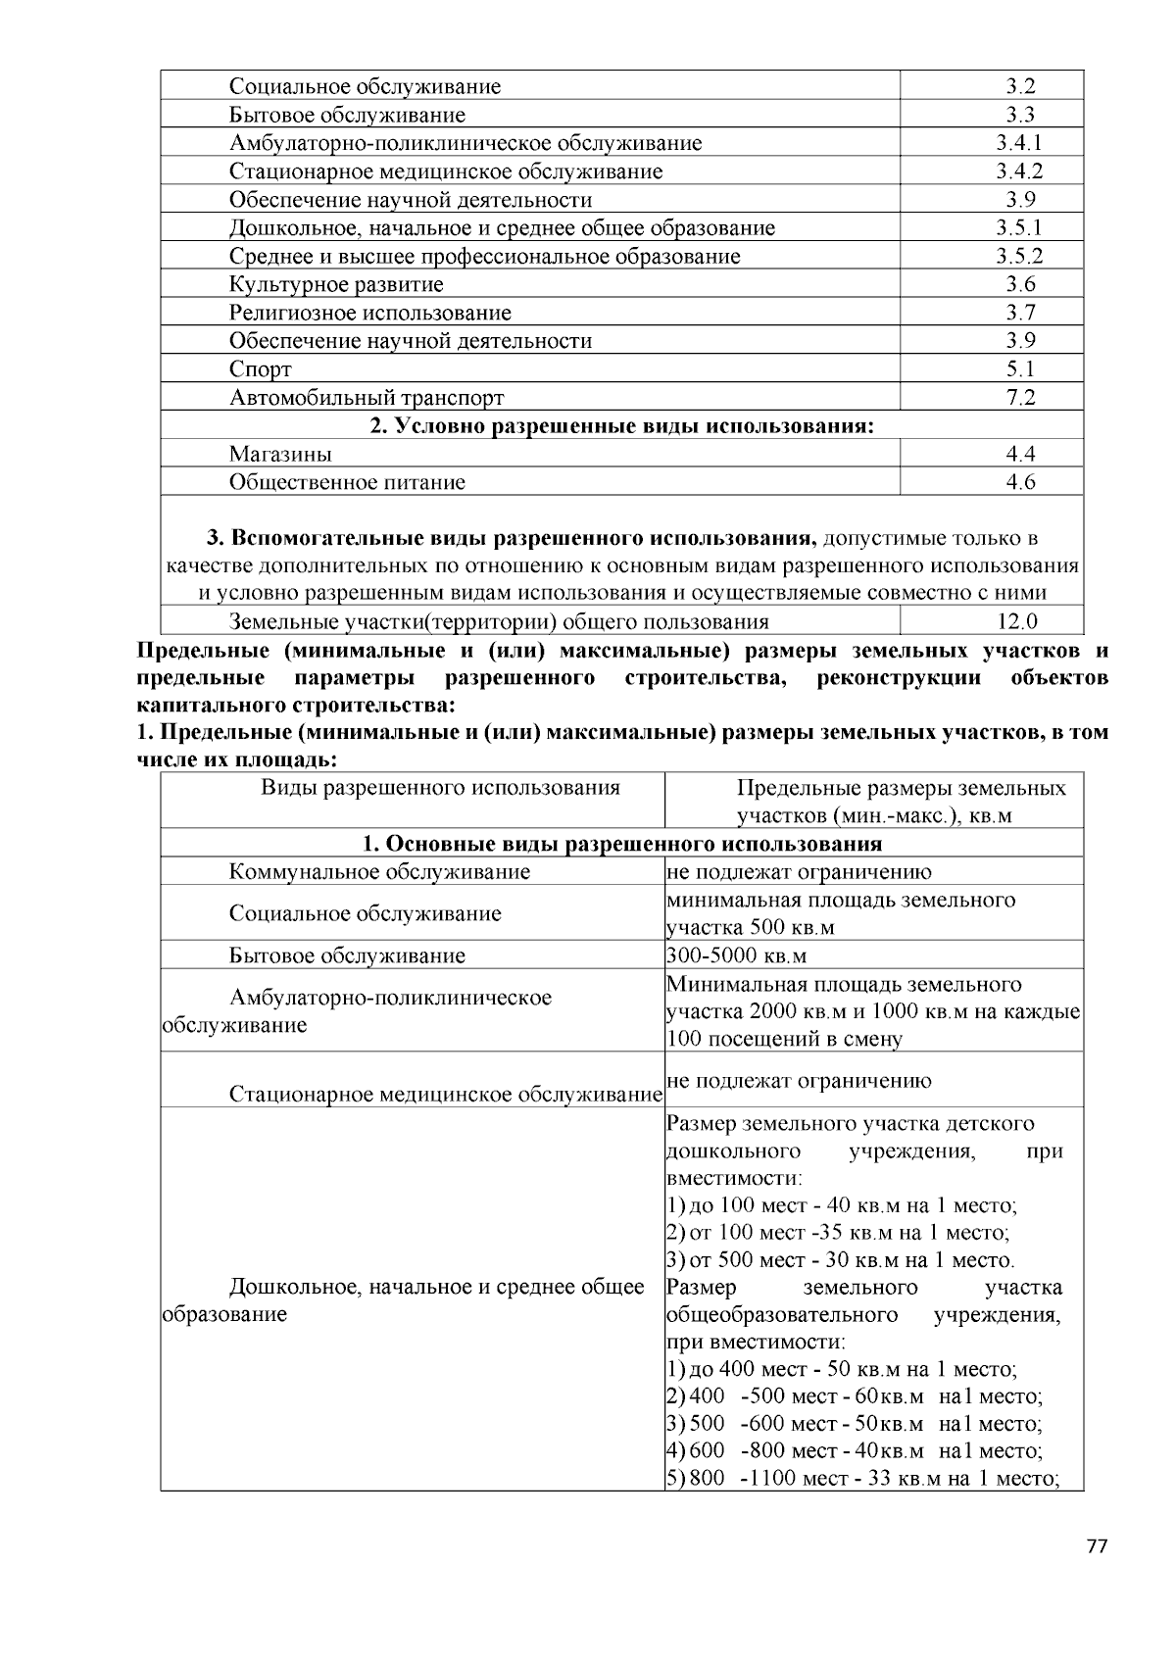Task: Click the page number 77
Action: click(x=1097, y=1547)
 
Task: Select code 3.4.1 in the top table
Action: click(x=1019, y=143)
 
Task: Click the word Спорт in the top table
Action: click(x=260, y=369)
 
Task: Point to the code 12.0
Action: click(x=1017, y=621)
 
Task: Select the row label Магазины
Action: click(x=280, y=454)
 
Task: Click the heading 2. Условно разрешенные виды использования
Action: click(x=621, y=426)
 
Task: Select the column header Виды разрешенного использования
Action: click(x=440, y=788)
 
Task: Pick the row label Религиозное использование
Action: click(x=370, y=314)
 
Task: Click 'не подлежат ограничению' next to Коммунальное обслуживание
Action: click(x=799, y=872)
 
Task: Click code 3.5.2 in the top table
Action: click(x=1019, y=257)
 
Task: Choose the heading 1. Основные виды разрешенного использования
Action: click(x=621, y=844)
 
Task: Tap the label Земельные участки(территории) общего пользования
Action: click(x=499, y=621)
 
